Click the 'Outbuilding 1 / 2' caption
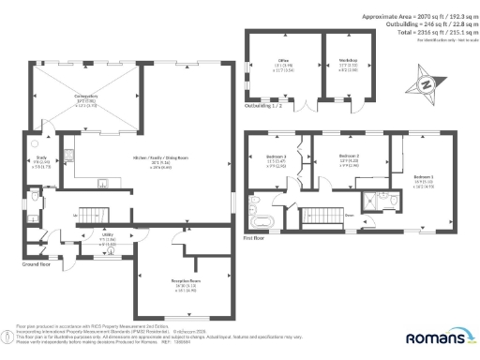pos(266,106)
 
